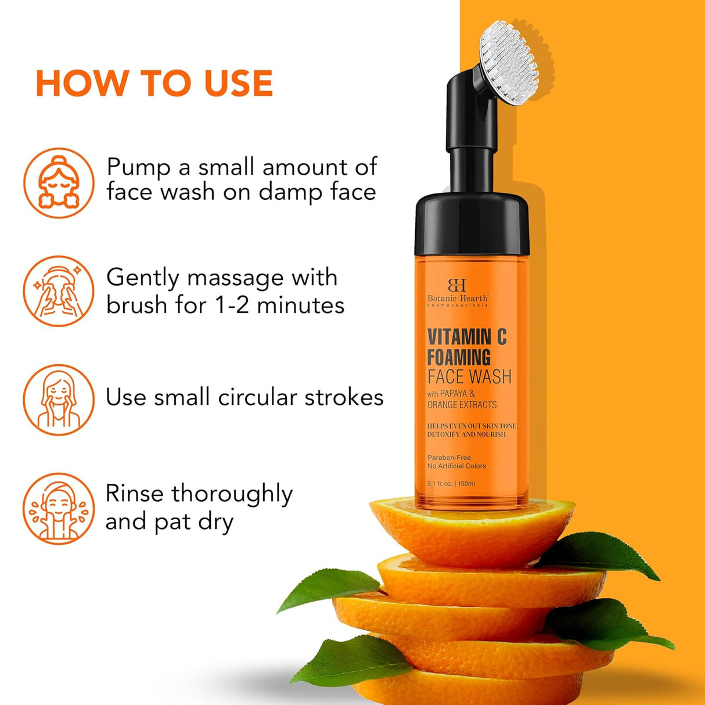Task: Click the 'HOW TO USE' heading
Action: pos(154,82)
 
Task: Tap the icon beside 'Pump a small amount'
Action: pos(59,183)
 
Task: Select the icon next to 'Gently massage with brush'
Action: pos(59,291)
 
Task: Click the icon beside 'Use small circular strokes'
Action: pos(59,400)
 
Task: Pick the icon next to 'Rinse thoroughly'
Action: pos(59,508)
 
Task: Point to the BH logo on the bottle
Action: pos(457,285)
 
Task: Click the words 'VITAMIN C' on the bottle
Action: pos(467,337)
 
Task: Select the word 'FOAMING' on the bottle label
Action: pos(459,357)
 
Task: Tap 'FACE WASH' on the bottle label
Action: pos(469,377)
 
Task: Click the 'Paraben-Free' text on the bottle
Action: pos(449,458)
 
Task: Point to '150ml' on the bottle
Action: pos(466,484)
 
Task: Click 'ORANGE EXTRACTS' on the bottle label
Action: pos(462,405)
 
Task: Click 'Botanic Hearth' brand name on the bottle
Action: pos(457,298)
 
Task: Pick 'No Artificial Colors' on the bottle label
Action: pos(456,466)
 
